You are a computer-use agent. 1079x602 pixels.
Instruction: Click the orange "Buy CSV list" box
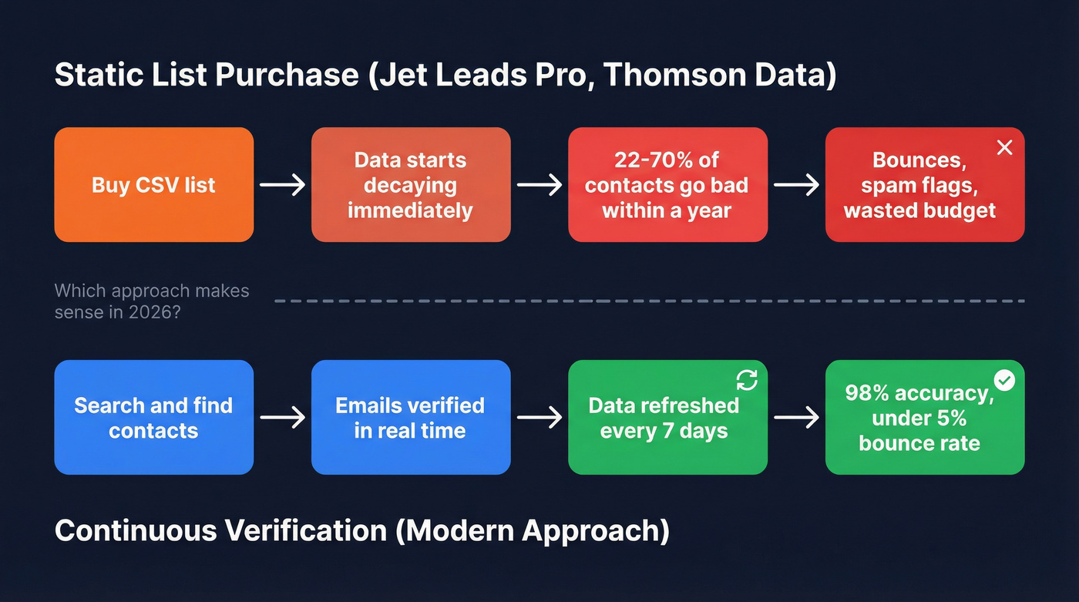click(x=153, y=185)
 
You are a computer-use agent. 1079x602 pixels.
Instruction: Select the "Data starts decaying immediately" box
click(x=410, y=185)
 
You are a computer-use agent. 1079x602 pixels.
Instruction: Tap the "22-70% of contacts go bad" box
click(x=667, y=185)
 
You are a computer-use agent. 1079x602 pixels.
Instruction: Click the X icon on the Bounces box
click(x=1004, y=148)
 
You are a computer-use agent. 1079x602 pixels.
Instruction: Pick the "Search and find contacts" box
click(x=153, y=417)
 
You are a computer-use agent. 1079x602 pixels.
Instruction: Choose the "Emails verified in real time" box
click(x=410, y=417)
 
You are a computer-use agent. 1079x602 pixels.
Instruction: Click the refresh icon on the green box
click(x=747, y=380)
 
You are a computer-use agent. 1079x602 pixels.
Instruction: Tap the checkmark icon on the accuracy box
click(x=1004, y=380)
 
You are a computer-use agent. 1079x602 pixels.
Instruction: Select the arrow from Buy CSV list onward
click(x=282, y=185)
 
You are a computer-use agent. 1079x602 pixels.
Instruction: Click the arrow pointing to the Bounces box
click(x=796, y=185)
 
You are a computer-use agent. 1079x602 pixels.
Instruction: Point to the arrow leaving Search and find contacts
click(x=282, y=418)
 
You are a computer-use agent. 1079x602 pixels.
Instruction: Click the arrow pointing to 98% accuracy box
click(x=796, y=418)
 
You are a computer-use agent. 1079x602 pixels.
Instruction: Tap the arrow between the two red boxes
click(x=539, y=185)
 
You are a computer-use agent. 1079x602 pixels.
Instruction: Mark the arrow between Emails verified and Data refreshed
click(x=539, y=418)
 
